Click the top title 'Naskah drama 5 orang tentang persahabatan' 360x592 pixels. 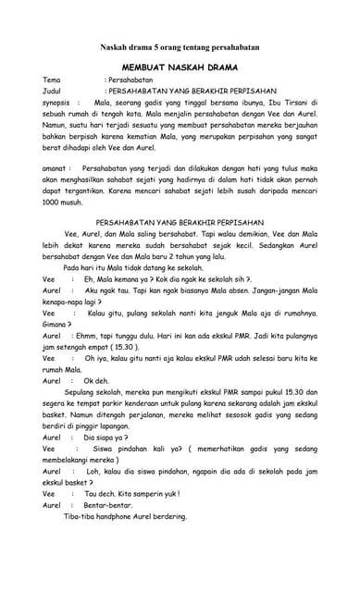coord(180,46)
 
